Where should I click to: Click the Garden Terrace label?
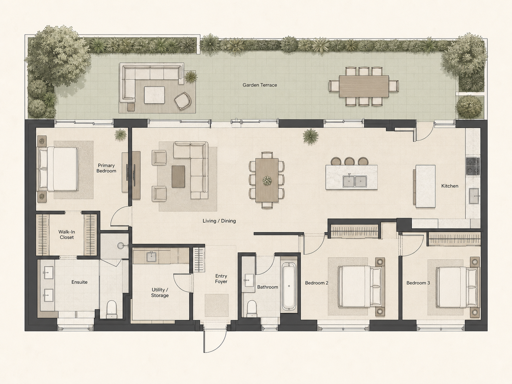[x=260, y=85]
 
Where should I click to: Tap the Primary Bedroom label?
[x=106, y=168]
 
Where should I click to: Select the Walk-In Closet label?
[x=66, y=234]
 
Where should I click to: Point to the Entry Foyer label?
[x=221, y=279]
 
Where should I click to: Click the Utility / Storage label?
[x=160, y=293]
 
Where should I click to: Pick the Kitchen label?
[x=449, y=186]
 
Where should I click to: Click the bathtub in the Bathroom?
[x=289, y=286]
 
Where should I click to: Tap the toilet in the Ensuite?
[x=111, y=309]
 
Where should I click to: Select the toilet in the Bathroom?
[x=252, y=308]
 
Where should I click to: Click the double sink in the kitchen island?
[x=355, y=181]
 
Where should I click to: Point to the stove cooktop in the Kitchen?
[x=473, y=166]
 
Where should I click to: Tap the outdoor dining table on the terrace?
[x=363, y=86]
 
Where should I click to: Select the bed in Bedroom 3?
[x=455, y=287]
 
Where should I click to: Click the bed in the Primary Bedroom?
[x=58, y=169]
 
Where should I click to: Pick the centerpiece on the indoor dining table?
[x=267, y=181]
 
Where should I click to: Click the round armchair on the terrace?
[x=183, y=101]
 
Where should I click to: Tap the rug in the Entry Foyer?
[x=216, y=305]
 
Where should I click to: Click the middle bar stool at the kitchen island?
[x=349, y=161]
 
